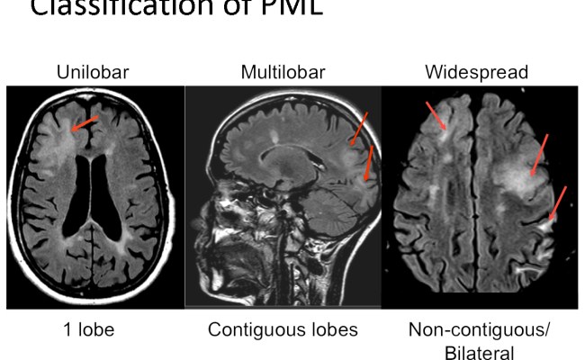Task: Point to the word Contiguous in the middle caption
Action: (x=250, y=329)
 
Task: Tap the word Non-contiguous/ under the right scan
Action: (x=479, y=329)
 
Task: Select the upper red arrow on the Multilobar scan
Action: (x=358, y=128)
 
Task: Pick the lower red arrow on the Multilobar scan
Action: (x=368, y=165)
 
